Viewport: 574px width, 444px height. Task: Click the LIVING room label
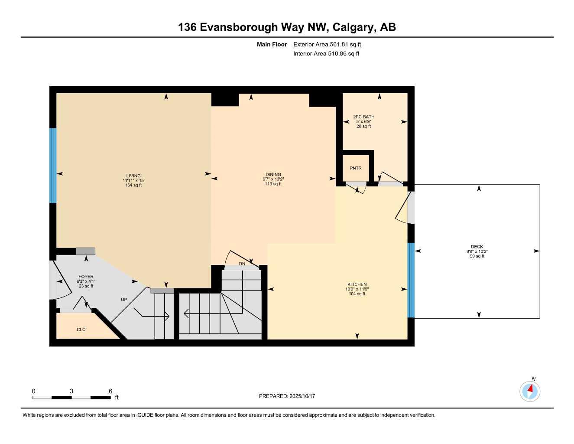133,176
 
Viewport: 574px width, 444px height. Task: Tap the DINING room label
273,175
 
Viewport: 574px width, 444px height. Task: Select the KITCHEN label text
357,284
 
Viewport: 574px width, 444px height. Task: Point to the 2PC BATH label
363,117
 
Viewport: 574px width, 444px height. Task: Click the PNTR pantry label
356,168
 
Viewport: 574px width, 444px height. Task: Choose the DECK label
477,247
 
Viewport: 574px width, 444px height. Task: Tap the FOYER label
86,277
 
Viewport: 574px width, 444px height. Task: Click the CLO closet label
81,330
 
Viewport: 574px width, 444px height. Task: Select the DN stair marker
242,264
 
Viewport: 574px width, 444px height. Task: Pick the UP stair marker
124,300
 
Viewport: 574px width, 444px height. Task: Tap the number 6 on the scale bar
110,391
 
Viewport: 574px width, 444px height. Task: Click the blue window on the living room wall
53,165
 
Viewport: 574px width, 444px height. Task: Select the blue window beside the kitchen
411,280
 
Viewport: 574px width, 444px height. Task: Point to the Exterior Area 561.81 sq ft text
327,44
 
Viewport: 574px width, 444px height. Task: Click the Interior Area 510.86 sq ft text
326,54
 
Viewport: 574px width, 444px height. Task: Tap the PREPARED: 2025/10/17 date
287,396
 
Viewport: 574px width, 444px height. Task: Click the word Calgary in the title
353,27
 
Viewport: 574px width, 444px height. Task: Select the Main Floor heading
272,44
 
